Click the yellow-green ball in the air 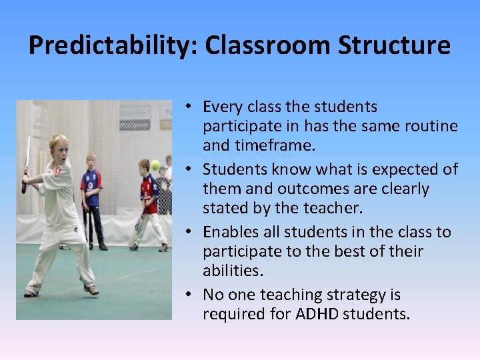pos(155,165)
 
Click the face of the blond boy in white pos(59,151)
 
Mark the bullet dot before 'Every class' pos(190,107)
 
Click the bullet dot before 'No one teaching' pos(190,295)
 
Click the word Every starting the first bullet pos(222,107)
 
